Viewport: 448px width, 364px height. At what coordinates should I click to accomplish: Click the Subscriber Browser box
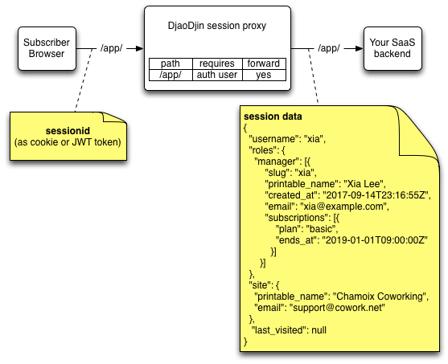[x=47, y=48]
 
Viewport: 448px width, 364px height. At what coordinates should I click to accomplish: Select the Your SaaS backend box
[x=393, y=48]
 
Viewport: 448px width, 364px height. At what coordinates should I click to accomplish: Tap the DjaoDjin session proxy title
[x=217, y=26]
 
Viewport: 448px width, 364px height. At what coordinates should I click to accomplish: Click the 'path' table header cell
[x=171, y=63]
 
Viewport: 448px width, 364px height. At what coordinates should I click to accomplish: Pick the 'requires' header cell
[x=217, y=63]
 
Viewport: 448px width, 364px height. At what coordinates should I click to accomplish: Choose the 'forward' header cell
[x=264, y=63]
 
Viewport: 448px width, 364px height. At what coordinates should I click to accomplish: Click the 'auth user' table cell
[x=217, y=75]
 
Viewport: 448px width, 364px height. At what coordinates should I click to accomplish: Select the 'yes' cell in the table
[x=264, y=75]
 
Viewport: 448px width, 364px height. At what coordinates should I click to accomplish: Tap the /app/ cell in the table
[x=171, y=75]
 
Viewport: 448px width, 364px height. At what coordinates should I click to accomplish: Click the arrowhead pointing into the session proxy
[x=140, y=48]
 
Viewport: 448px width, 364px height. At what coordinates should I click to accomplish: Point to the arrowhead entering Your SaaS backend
[x=360, y=48]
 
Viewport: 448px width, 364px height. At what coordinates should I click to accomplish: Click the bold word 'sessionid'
[x=68, y=131]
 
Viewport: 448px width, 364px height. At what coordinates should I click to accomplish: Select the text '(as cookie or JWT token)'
[x=68, y=142]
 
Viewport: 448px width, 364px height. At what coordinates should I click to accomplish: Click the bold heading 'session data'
[x=273, y=117]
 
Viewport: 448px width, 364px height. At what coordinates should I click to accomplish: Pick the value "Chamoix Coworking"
[x=380, y=297]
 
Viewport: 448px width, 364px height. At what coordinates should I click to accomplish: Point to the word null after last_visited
[x=319, y=330]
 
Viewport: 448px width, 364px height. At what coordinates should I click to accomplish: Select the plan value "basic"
[x=321, y=229]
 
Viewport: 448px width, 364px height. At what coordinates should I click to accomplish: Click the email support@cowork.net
[x=337, y=308]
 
